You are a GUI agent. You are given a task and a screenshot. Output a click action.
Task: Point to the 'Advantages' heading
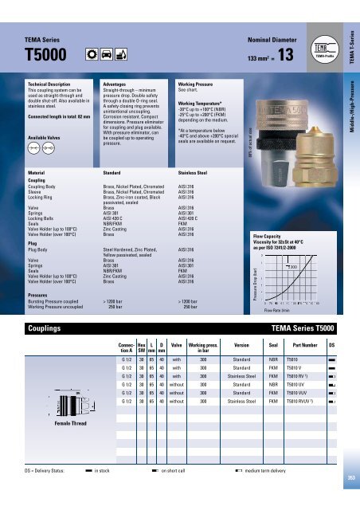tap(116, 83)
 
